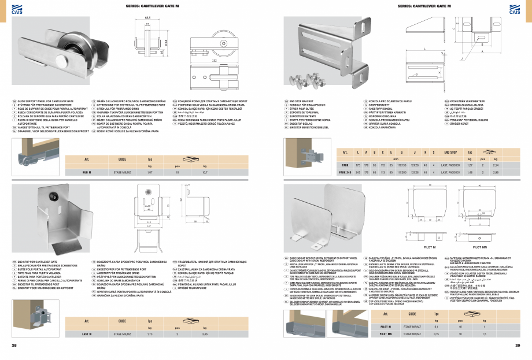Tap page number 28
coord(14,346)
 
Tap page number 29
coord(518,346)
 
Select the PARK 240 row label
coord(345,172)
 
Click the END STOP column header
coord(450,151)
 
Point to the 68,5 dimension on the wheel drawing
coord(148,17)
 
